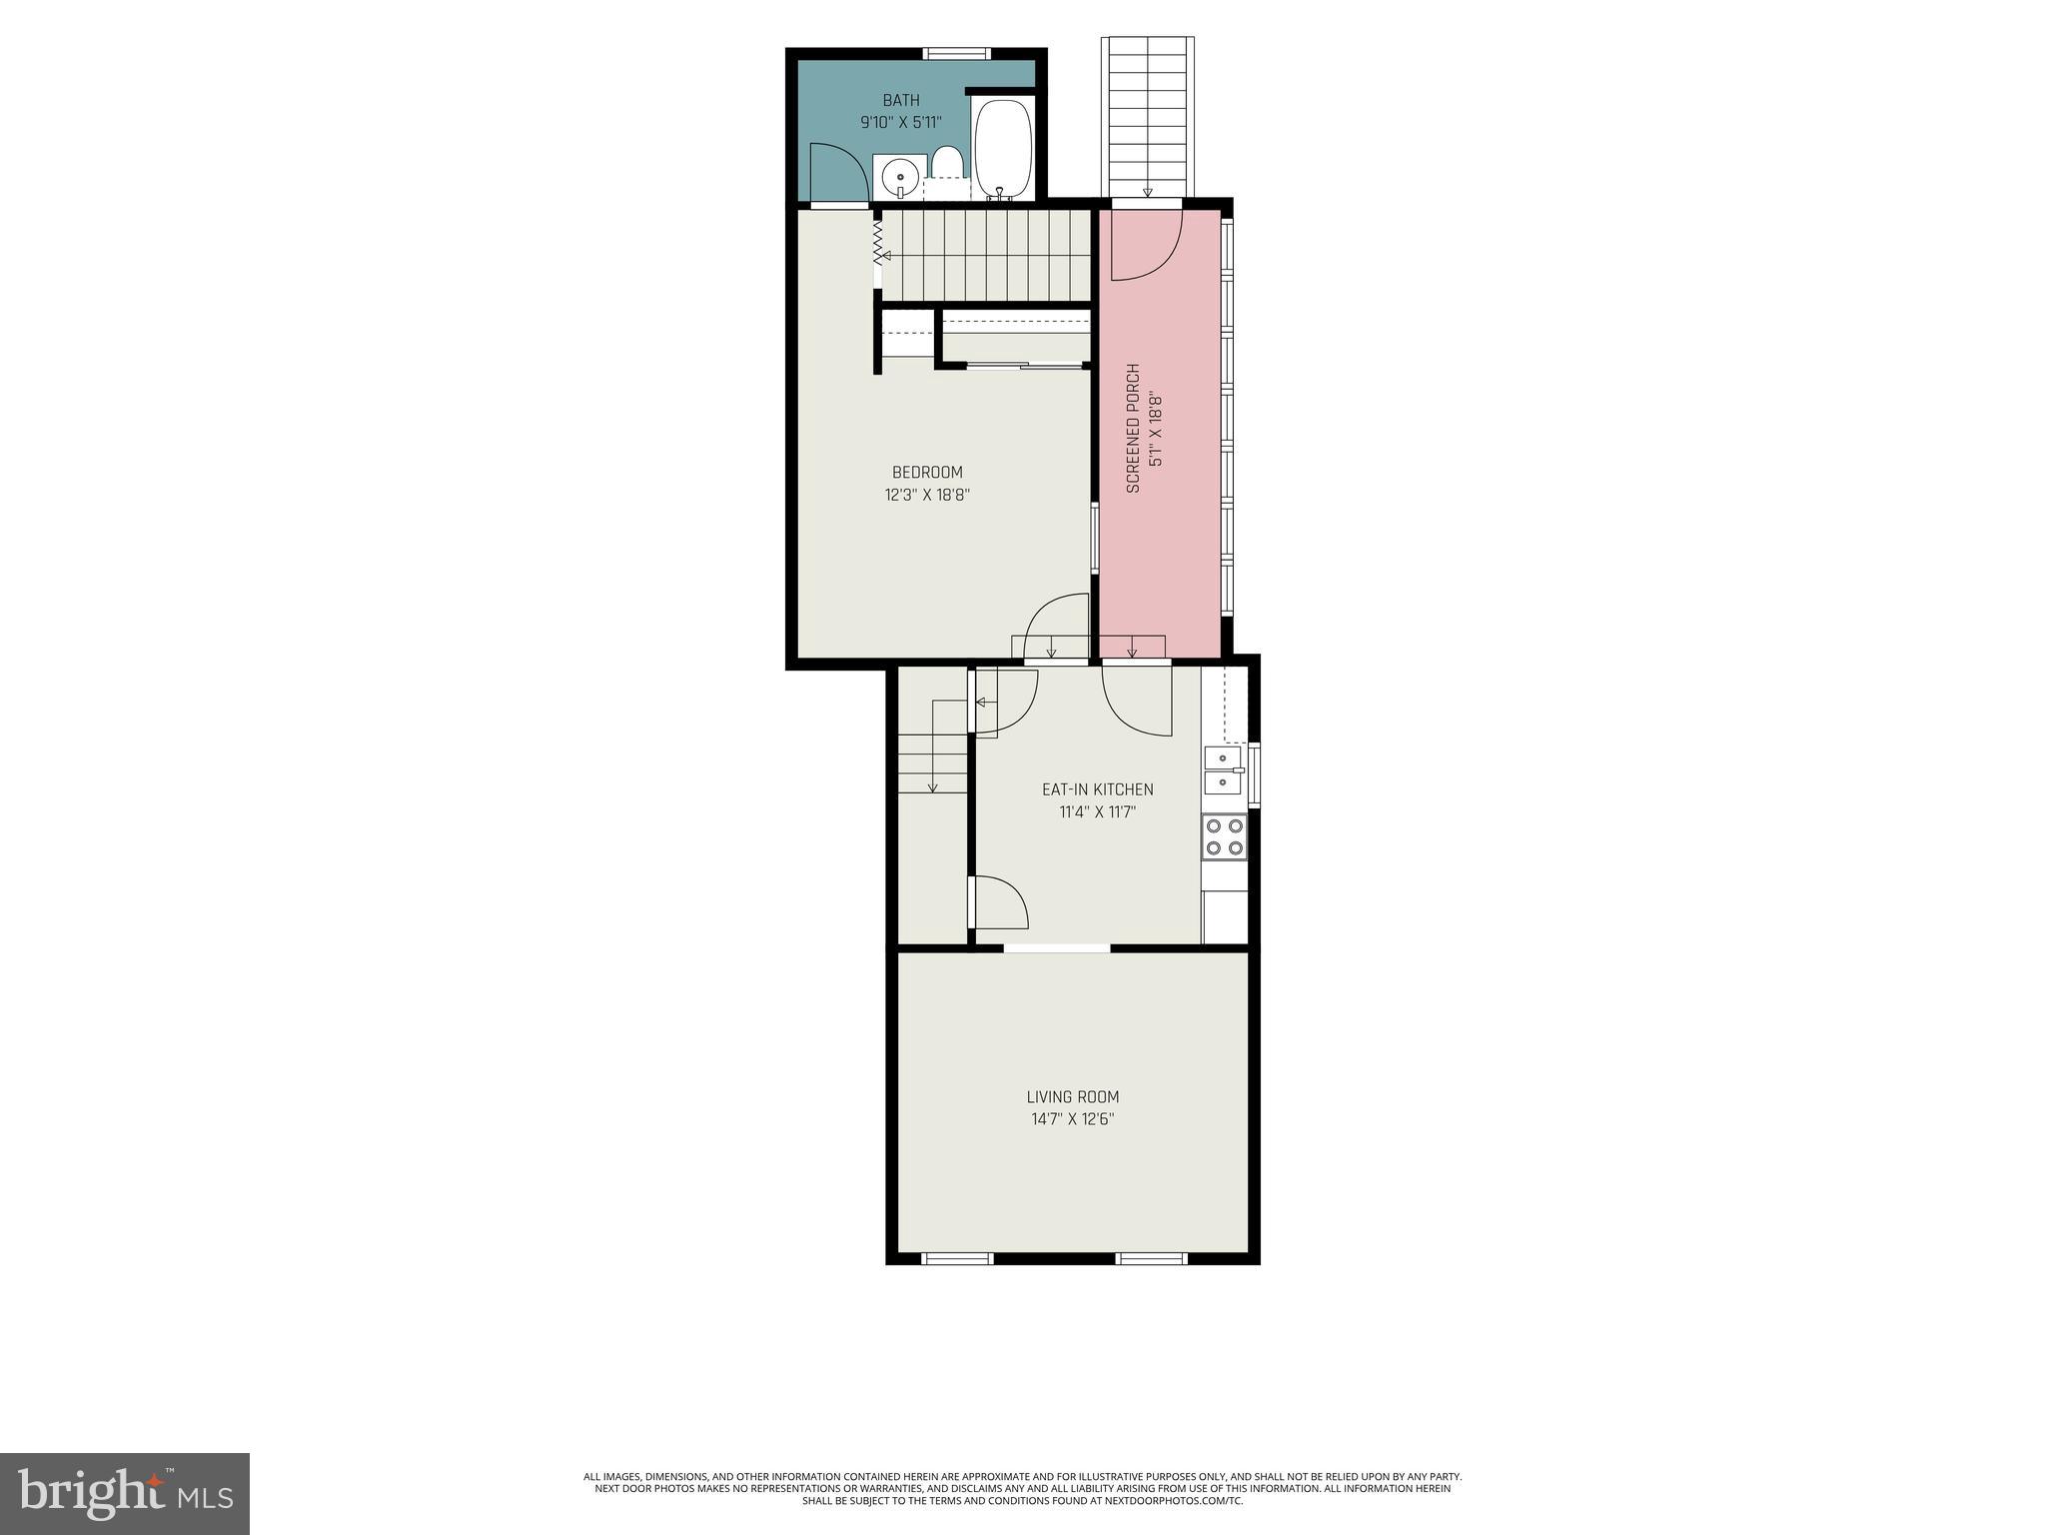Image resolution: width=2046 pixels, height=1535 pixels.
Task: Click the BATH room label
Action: tap(901, 100)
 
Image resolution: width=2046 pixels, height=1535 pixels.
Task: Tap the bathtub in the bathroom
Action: tap(1004, 150)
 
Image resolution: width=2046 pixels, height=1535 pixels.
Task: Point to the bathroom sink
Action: tap(900, 178)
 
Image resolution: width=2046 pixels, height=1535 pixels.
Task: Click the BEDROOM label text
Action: tap(927, 473)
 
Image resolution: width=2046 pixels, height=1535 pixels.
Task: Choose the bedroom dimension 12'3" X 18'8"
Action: tap(927, 495)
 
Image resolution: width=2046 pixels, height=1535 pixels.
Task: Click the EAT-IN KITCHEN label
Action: tap(1097, 789)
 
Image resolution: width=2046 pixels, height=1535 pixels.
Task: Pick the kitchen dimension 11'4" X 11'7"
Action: tap(1098, 812)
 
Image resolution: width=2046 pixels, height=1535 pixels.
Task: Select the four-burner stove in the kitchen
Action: tap(1225, 837)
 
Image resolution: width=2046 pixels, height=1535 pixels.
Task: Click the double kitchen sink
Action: tap(1223, 769)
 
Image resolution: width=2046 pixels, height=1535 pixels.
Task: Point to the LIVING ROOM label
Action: tap(1073, 1096)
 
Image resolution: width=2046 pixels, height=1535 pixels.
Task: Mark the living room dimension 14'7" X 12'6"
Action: tap(1073, 1119)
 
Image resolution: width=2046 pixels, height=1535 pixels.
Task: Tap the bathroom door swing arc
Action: tap(839, 172)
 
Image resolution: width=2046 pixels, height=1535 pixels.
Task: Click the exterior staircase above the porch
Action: tap(1147, 115)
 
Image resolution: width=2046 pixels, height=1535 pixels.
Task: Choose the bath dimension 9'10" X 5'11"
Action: tap(901, 123)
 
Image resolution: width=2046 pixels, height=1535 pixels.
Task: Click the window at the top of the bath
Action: tap(956, 54)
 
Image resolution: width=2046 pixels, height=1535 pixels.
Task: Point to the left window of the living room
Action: tap(956, 1258)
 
